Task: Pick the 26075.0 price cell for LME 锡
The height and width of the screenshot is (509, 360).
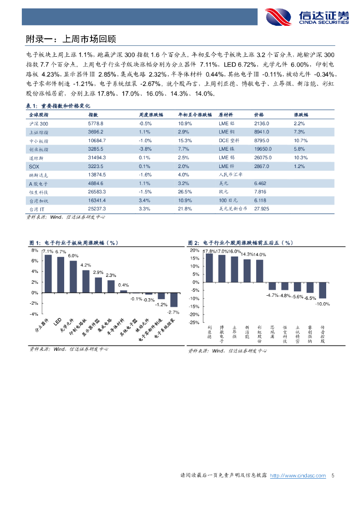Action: point(263,158)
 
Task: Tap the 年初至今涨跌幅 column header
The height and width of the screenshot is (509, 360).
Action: point(195,114)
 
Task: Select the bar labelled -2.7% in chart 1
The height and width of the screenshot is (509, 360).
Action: point(174,300)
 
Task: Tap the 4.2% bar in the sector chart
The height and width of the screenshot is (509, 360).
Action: point(86,281)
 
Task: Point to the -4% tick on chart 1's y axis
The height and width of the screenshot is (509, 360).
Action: point(34,314)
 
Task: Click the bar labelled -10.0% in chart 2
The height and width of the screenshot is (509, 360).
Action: point(323,291)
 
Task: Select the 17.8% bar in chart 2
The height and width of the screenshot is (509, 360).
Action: point(210,268)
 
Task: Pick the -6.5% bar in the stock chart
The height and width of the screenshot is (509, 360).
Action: point(310,288)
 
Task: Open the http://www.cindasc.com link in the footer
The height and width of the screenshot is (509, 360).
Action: point(297,476)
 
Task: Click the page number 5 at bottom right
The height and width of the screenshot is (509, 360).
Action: point(333,476)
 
